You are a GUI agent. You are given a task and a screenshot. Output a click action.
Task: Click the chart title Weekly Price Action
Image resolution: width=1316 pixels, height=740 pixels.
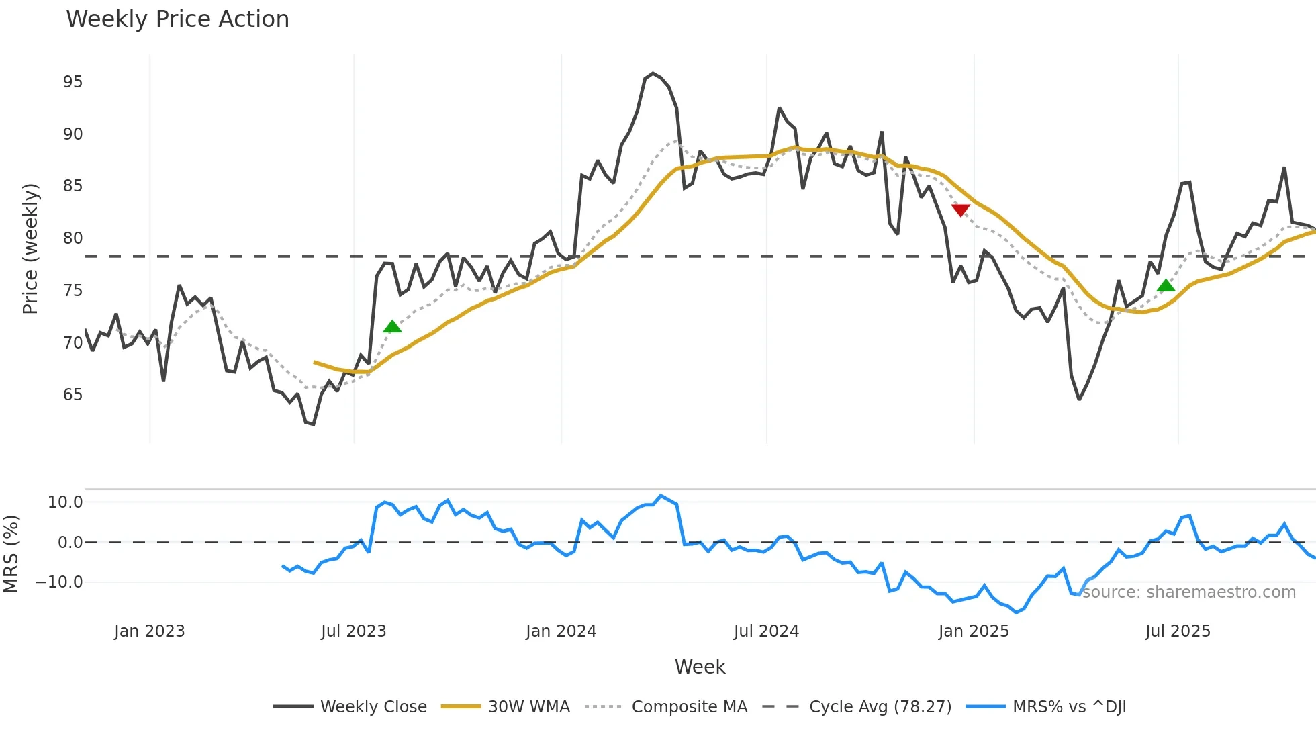click(177, 19)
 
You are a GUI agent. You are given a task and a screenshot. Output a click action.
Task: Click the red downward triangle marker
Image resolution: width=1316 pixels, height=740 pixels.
click(961, 210)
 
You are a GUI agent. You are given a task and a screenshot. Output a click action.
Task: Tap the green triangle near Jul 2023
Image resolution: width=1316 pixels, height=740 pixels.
click(392, 326)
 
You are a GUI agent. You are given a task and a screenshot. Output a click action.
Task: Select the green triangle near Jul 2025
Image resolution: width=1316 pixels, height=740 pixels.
click(1166, 285)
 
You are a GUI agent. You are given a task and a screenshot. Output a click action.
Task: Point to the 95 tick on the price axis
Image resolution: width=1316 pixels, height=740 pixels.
click(73, 82)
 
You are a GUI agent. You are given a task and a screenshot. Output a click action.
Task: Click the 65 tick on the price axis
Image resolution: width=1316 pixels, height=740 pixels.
click(73, 395)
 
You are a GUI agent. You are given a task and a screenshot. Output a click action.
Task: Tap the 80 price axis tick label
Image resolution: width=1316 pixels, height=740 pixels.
click(73, 238)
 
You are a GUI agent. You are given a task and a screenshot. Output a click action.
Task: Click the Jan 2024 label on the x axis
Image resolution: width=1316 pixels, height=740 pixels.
click(561, 631)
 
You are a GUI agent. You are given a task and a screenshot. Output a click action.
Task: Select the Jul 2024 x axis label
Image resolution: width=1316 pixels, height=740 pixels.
click(766, 631)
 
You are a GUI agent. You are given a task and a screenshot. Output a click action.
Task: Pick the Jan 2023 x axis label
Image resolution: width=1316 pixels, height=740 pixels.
click(149, 631)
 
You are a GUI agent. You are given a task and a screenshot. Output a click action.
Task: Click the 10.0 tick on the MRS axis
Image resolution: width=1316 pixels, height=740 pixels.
click(65, 502)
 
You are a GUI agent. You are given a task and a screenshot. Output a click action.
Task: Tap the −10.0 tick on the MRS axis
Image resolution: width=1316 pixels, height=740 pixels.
click(59, 582)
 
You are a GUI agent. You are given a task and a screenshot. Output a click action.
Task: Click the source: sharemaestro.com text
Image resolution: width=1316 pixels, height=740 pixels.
click(1188, 592)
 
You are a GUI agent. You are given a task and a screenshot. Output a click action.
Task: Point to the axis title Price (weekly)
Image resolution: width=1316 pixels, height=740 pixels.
click(30, 248)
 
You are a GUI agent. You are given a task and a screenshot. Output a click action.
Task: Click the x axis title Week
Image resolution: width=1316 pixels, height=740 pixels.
click(700, 667)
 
